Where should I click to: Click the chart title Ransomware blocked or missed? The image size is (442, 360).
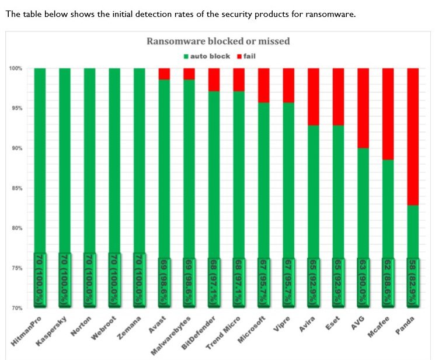pyautogui.click(x=217, y=41)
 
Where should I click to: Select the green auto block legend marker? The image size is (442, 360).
pyautogui.click(x=186, y=56)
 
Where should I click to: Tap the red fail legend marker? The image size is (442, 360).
pyautogui.click(x=239, y=56)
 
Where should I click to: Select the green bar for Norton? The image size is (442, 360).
pyautogui.click(x=89, y=164)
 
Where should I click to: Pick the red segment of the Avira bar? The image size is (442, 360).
pyautogui.click(x=314, y=96)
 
